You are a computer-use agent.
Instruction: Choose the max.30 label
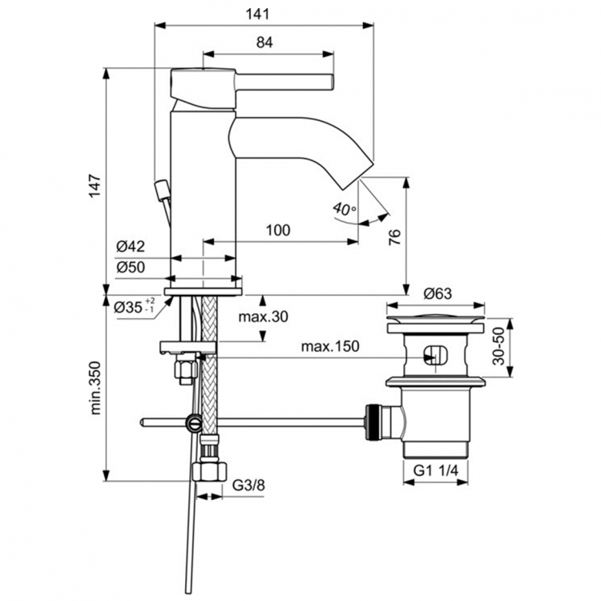pos(263,317)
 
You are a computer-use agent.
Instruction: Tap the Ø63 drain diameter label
pos(437,293)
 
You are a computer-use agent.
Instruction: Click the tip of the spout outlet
pos(365,168)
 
